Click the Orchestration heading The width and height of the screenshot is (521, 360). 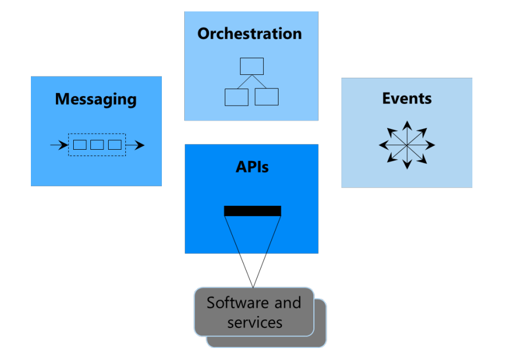pyautogui.click(x=249, y=34)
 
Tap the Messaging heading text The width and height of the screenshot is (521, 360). pyautogui.click(x=96, y=99)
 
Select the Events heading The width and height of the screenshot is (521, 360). pyautogui.click(x=407, y=98)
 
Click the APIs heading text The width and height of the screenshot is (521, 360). pyautogui.click(x=252, y=167)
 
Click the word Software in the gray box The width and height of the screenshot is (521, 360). pyautogui.click(x=237, y=302)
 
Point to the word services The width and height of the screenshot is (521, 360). pyautogui.click(x=255, y=323)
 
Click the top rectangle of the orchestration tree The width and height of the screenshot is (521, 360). pyautogui.click(x=252, y=66)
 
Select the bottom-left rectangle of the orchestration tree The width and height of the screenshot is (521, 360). pyautogui.click(x=237, y=97)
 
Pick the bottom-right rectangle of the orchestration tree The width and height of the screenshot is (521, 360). pyautogui.click(x=267, y=97)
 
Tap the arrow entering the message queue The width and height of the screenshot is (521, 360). pyautogui.click(x=59, y=145)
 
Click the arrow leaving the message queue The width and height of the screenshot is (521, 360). pyautogui.click(x=135, y=145)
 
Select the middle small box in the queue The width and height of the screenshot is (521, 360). pyautogui.click(x=97, y=145)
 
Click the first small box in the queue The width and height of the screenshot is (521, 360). pyautogui.click(x=79, y=145)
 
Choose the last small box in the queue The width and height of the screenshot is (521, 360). pyautogui.click(x=114, y=145)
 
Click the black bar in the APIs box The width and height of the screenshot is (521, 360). pyautogui.click(x=253, y=211)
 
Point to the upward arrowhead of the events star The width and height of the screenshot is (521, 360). pyautogui.click(x=407, y=126)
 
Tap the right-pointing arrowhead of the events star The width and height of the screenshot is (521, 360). pyautogui.click(x=430, y=145)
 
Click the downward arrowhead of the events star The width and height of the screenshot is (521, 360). pyautogui.click(x=407, y=165)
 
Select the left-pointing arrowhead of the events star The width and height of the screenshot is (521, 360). pyautogui.click(x=383, y=145)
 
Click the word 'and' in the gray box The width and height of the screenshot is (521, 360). pyautogui.click(x=288, y=302)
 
